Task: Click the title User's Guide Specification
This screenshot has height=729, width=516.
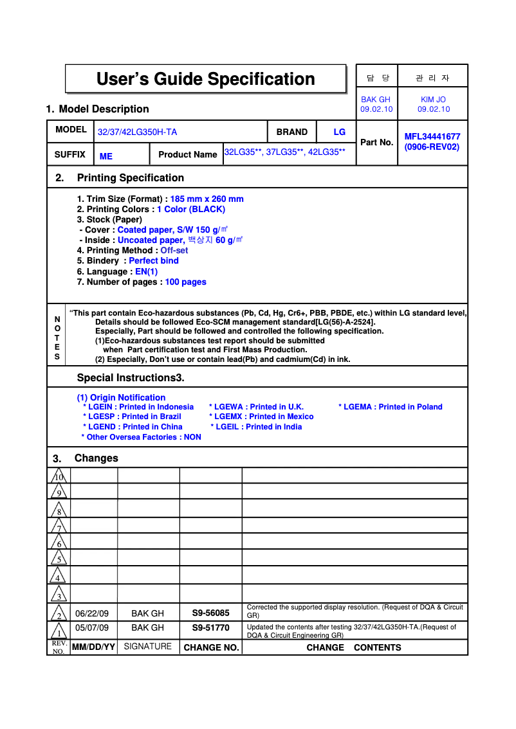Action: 205,79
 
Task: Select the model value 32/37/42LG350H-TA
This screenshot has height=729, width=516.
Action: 137,132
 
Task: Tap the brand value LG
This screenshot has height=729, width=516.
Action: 339,132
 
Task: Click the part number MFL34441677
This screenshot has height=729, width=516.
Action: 432,136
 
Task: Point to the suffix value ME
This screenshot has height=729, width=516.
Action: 106,156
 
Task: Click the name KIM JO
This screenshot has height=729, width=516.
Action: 433,100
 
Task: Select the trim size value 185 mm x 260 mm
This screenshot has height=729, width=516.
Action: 207,199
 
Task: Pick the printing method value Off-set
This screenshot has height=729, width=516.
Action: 174,251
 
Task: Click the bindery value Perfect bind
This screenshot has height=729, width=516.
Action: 154,261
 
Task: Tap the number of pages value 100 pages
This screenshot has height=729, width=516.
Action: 185,282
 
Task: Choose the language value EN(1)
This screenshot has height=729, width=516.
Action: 146,272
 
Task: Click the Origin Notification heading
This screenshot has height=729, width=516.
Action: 121,398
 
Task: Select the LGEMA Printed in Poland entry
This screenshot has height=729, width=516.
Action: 391,407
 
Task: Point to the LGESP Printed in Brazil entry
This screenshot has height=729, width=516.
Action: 135,417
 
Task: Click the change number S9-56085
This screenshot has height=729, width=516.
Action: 210,613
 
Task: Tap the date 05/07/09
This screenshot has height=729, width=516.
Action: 92,628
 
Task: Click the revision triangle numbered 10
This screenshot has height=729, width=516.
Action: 59,476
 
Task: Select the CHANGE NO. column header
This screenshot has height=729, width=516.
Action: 211,648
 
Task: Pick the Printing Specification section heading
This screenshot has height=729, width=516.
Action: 130,178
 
